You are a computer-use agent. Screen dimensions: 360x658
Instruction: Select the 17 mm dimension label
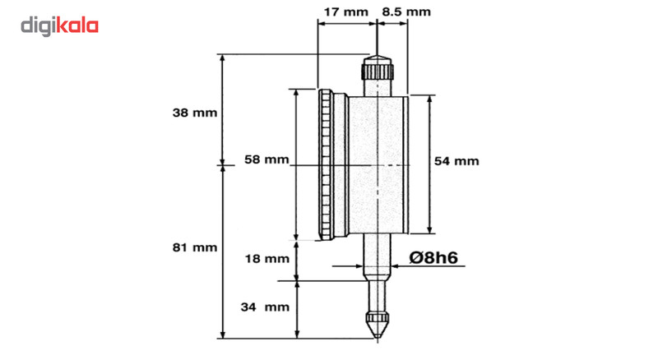[345, 12]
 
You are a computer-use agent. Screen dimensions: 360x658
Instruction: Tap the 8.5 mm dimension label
[405, 12]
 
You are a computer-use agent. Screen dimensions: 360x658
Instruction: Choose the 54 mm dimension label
[456, 161]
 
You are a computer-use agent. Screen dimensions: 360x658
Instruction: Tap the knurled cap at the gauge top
[378, 71]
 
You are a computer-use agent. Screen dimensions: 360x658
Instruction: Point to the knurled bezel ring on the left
[328, 164]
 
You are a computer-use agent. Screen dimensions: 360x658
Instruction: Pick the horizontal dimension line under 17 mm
[345, 24]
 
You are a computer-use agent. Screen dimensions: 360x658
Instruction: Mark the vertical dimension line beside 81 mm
[223, 247]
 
